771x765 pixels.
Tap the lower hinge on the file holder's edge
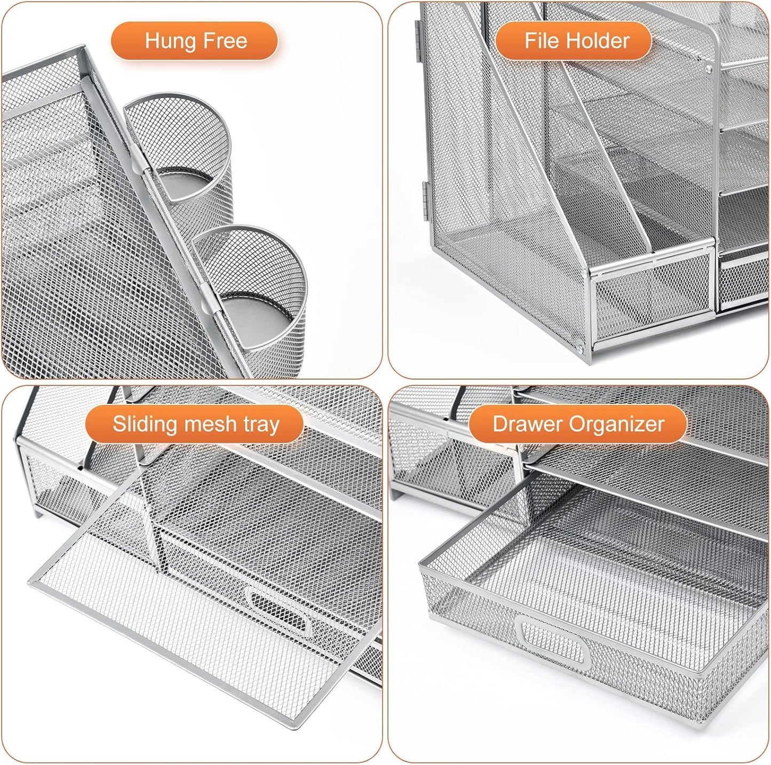pyautogui.click(x=424, y=195)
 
